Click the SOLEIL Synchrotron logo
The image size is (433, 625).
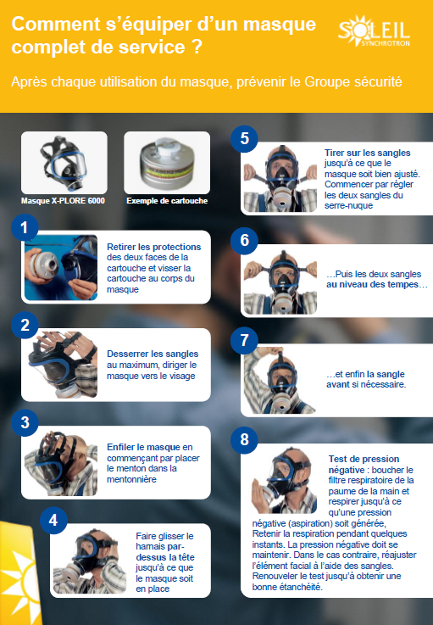374,31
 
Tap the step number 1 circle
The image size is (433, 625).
25,227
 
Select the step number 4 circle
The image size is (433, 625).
53,520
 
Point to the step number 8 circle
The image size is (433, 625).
244,439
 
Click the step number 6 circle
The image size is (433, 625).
244,240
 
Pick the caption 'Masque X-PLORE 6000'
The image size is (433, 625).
63,200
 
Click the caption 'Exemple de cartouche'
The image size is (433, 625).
167,200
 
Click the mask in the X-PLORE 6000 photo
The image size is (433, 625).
64,164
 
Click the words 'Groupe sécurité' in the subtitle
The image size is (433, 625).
353,82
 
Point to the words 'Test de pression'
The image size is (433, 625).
364,459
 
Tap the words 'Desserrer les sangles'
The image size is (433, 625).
153,354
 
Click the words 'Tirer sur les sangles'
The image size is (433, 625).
367,153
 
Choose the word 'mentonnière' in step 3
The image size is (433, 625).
131,479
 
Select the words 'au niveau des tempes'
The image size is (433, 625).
373,284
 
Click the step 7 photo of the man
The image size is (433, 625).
280,380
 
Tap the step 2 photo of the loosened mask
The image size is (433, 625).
63,365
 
